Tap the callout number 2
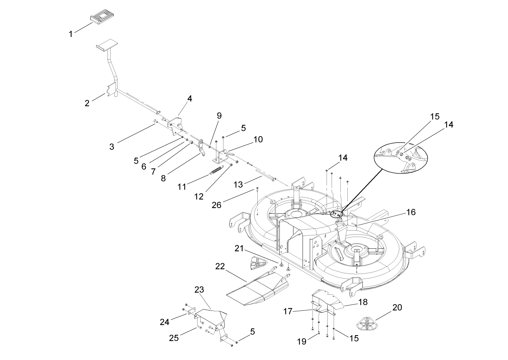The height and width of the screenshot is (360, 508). click(87, 103)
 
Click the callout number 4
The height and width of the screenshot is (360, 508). click(190, 98)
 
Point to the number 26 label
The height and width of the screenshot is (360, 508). click(217, 204)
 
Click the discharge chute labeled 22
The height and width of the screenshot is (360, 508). click(257, 286)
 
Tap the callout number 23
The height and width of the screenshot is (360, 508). click(199, 289)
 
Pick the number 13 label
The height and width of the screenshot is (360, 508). click(238, 185)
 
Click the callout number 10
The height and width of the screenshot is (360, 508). click(258, 139)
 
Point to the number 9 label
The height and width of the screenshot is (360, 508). click(219, 116)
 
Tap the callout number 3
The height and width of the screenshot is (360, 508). click(112, 147)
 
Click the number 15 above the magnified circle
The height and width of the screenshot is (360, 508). click(435, 116)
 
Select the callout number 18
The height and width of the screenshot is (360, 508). click(363, 302)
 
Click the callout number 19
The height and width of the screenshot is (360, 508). click(302, 342)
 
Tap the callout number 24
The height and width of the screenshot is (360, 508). click(164, 322)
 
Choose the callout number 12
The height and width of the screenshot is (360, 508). click(199, 196)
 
